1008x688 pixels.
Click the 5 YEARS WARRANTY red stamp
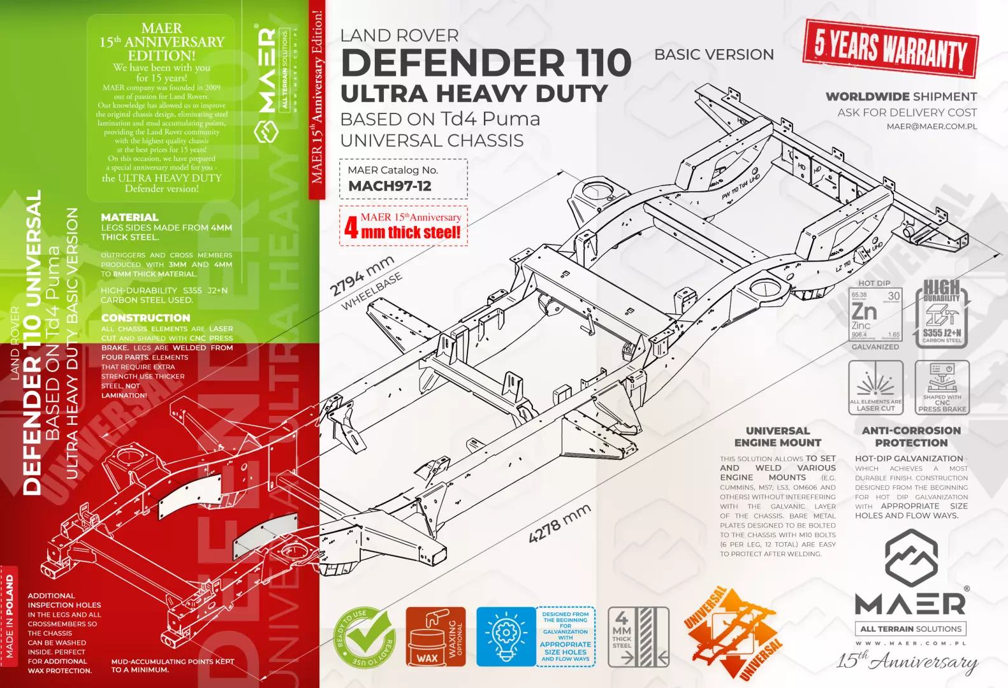[890, 48]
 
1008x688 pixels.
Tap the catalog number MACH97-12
[390, 186]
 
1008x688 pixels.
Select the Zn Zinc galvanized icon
[875, 315]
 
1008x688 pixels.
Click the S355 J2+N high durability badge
[942, 315]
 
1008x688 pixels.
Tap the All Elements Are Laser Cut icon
[875, 387]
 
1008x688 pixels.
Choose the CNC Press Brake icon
[942, 387]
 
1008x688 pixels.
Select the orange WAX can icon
[435, 636]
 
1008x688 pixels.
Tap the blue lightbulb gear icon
[506, 636]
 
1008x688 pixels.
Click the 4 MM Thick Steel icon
[638, 636]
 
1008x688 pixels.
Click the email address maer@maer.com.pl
[931, 126]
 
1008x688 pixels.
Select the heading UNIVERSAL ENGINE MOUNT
[777, 436]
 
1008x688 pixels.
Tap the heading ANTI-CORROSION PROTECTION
[910, 436]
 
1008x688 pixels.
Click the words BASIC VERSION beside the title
[713, 55]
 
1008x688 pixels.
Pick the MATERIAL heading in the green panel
[129, 217]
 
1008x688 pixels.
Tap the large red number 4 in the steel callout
[351, 227]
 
